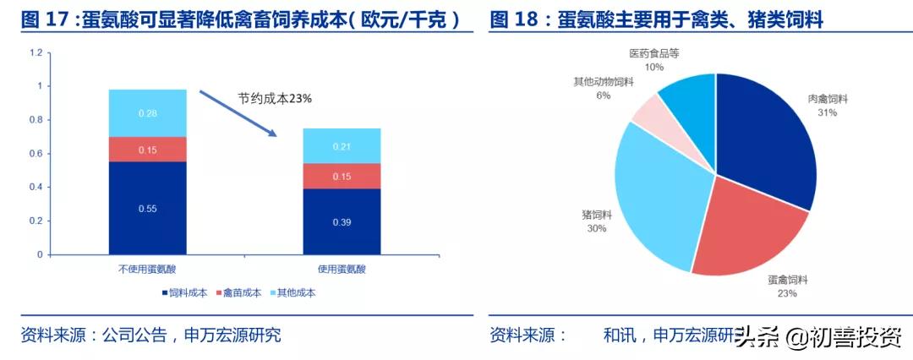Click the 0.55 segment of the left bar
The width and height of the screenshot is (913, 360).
(147, 207)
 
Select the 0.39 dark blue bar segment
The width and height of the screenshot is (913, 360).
(342, 221)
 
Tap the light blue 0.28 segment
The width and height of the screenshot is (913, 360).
(147, 113)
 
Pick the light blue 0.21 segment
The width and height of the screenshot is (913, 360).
(342, 146)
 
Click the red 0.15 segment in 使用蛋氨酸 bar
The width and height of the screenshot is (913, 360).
(342, 176)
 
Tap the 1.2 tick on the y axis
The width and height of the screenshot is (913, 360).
(35, 52)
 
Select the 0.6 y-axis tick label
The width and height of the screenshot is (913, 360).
(35, 154)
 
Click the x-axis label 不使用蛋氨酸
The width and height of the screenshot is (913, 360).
(146, 269)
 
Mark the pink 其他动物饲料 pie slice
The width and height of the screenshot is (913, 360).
(652, 116)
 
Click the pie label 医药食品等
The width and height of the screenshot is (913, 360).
(653, 53)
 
